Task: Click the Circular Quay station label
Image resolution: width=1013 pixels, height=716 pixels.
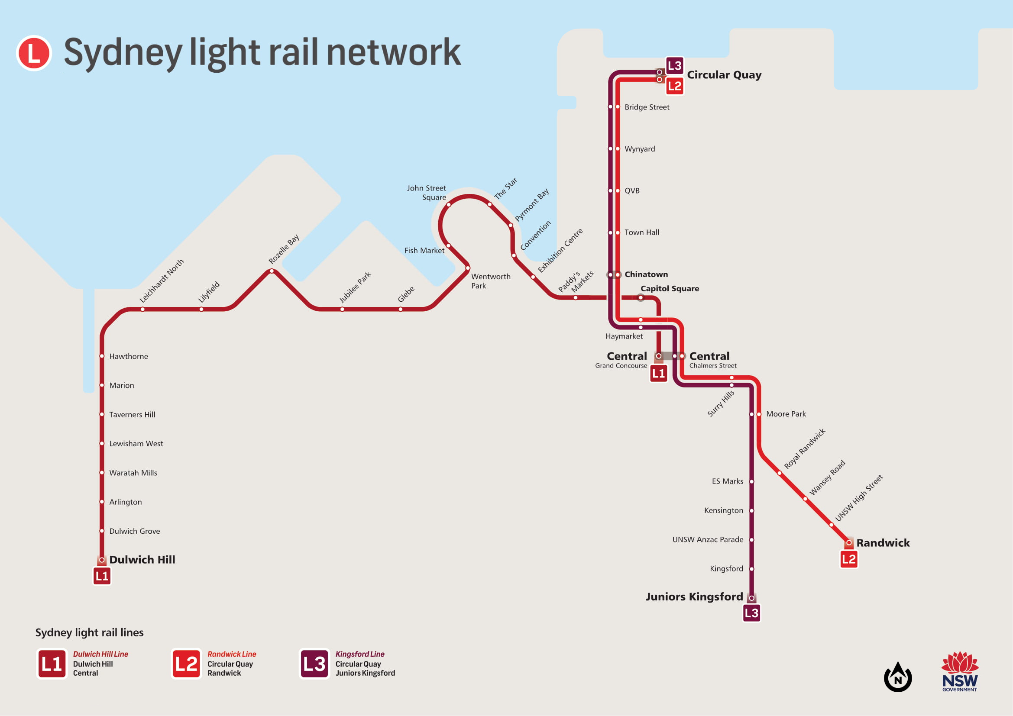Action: point(724,75)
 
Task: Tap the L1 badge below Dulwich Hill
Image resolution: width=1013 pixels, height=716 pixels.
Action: point(102,576)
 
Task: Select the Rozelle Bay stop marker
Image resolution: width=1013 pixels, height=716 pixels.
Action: point(272,271)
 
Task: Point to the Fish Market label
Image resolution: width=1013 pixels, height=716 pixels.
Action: point(424,250)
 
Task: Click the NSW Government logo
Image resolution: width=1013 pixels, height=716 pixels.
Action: point(960,672)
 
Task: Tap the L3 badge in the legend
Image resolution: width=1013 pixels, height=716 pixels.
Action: point(314,664)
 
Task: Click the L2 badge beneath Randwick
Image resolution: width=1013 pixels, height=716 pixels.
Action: point(848,559)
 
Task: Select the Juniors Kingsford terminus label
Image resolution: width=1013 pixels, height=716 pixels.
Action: point(694,597)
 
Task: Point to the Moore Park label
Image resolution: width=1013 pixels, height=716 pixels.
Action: point(786,414)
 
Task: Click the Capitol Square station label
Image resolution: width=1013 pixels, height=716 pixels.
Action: point(669,288)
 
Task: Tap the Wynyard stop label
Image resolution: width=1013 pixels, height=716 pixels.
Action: point(640,149)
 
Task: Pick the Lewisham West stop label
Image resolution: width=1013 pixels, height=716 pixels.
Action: point(136,444)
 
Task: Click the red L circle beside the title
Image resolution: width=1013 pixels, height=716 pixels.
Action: point(34,53)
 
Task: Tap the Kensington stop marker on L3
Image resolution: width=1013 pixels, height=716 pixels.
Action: point(751,510)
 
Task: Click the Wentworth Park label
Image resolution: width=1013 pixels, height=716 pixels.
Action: point(490,281)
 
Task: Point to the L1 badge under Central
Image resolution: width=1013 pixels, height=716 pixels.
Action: point(658,374)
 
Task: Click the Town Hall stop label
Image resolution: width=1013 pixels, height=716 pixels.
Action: point(641,232)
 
